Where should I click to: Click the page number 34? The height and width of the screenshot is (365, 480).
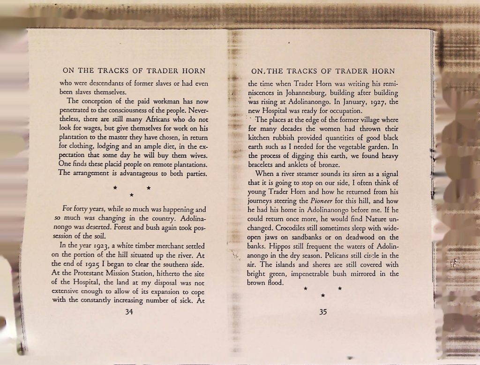point(130,313)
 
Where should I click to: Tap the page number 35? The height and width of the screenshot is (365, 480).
point(323,312)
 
